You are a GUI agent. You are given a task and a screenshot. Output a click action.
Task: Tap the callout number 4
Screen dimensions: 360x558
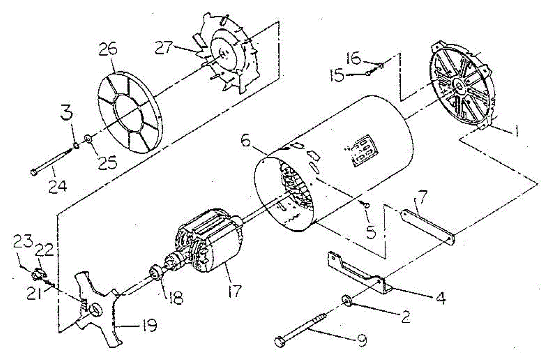(x=438, y=298)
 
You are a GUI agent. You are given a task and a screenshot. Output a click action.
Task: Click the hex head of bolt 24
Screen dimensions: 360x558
(x=33, y=173)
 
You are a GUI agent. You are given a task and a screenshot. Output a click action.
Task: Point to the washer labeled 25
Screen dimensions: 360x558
(x=87, y=139)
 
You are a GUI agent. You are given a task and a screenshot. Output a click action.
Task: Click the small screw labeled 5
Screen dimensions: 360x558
(x=366, y=205)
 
